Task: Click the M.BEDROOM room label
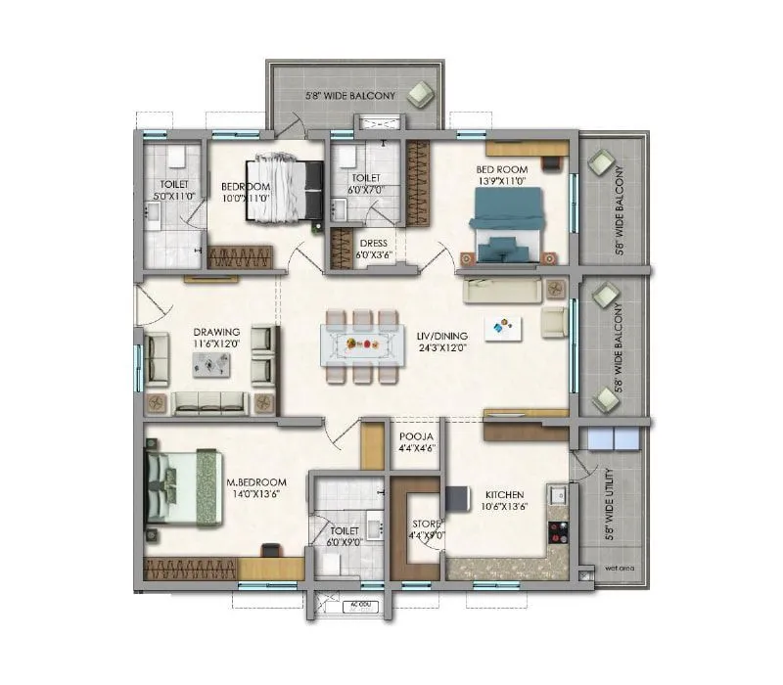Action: (256, 482)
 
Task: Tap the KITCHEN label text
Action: (502, 495)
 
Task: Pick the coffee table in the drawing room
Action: (211, 364)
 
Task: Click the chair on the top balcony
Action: (422, 94)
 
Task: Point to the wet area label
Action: (616, 566)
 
